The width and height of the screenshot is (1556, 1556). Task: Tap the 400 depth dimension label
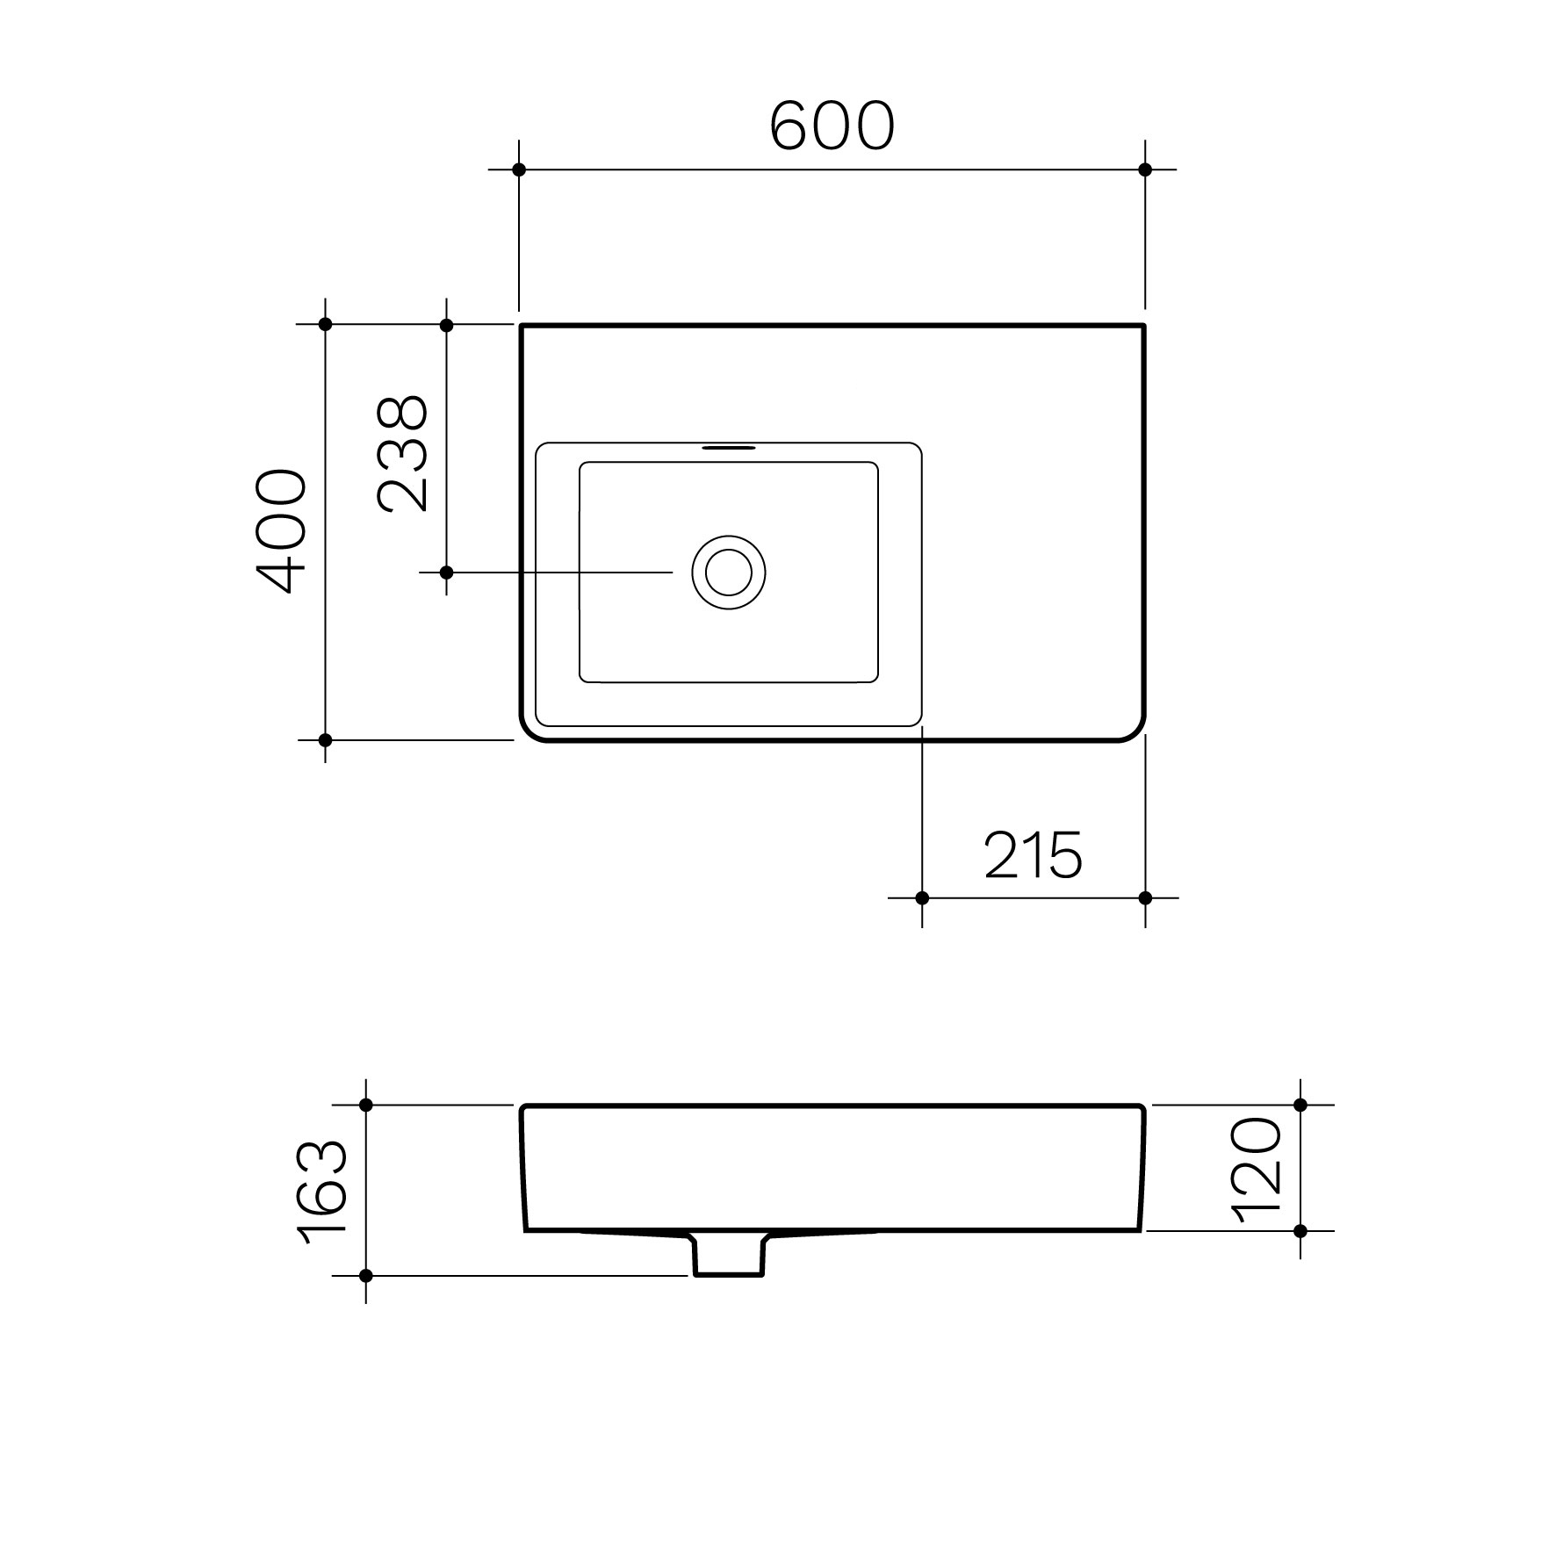click(x=281, y=532)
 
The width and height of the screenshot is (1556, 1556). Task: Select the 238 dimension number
click(x=402, y=453)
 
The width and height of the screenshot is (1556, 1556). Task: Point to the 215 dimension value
click(x=1033, y=855)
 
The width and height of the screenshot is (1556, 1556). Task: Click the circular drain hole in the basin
click(x=729, y=573)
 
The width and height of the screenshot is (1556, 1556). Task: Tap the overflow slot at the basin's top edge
click(x=728, y=447)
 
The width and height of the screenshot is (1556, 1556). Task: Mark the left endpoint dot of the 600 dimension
click(x=519, y=169)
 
